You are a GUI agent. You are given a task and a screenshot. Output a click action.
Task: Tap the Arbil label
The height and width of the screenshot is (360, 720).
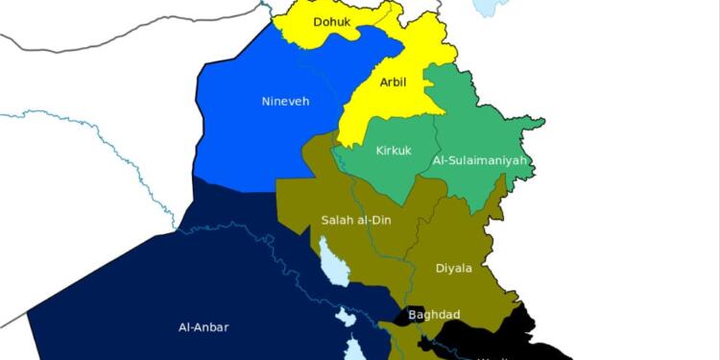pyautogui.click(x=392, y=83)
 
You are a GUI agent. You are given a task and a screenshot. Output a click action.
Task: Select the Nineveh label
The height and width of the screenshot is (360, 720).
pyautogui.click(x=285, y=101)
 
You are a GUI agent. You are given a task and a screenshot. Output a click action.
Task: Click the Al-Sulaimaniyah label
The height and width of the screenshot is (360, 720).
pyautogui.click(x=480, y=160)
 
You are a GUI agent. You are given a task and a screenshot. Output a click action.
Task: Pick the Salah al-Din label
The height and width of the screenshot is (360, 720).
pyautogui.click(x=355, y=221)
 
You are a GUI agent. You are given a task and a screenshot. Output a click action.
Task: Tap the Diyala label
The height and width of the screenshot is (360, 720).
pyautogui.click(x=453, y=268)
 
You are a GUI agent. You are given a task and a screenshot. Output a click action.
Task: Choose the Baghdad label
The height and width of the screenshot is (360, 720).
pyautogui.click(x=434, y=314)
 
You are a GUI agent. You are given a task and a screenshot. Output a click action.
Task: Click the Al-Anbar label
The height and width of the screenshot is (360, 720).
pyautogui.click(x=204, y=326)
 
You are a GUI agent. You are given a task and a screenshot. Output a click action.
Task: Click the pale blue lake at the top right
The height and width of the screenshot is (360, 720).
pyautogui.click(x=491, y=8)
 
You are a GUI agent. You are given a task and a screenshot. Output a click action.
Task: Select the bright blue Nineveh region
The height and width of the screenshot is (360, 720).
pyautogui.click(x=259, y=134)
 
